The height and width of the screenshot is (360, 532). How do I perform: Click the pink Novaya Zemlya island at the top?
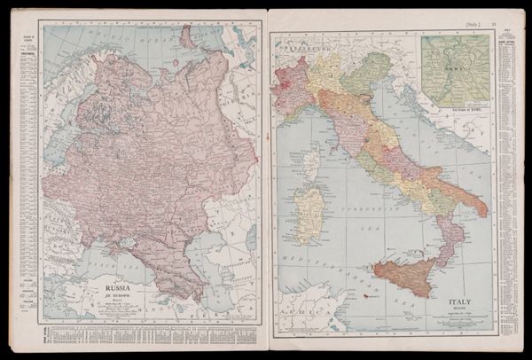[187, 36]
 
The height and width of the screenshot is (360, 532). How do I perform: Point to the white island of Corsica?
[310, 165]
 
